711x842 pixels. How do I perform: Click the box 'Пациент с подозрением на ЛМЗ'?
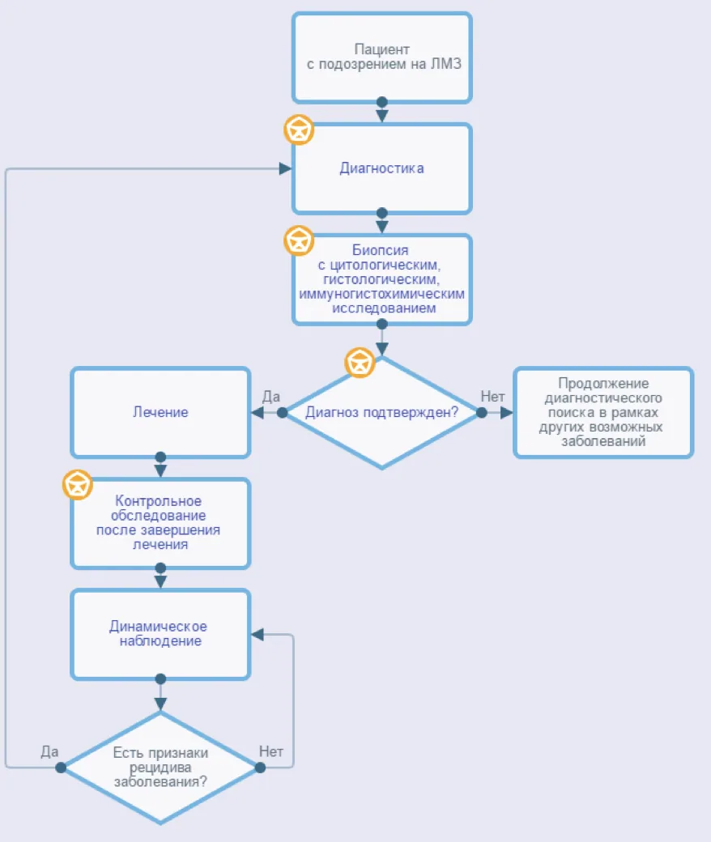[381, 57]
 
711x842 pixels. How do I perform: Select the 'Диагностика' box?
[381, 168]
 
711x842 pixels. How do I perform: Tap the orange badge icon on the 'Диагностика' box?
[299, 130]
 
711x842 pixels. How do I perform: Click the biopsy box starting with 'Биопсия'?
[381, 279]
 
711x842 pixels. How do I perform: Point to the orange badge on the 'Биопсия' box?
[299, 240]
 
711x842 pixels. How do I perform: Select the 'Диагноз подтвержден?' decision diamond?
[381, 412]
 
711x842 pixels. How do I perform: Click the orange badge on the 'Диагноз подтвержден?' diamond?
[360, 363]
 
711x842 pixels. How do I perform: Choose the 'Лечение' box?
[160, 412]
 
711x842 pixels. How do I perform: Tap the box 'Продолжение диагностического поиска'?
[603, 412]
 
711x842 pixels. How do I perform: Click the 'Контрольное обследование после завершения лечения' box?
[160, 523]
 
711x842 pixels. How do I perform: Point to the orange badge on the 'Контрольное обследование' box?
[77, 484]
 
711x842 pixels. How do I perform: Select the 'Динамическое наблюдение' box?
[160, 634]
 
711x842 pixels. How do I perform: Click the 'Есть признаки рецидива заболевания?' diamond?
[160, 768]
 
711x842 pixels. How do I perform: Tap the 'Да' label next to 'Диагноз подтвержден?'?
[271, 396]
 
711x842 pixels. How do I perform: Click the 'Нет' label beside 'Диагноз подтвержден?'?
[492, 396]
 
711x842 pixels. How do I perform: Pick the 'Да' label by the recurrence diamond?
[49, 751]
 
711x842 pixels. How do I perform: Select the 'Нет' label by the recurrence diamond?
[271, 751]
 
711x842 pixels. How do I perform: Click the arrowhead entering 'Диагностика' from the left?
[286, 168]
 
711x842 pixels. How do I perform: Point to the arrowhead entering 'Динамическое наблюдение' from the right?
[258, 635]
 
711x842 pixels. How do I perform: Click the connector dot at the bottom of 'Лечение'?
[160, 457]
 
